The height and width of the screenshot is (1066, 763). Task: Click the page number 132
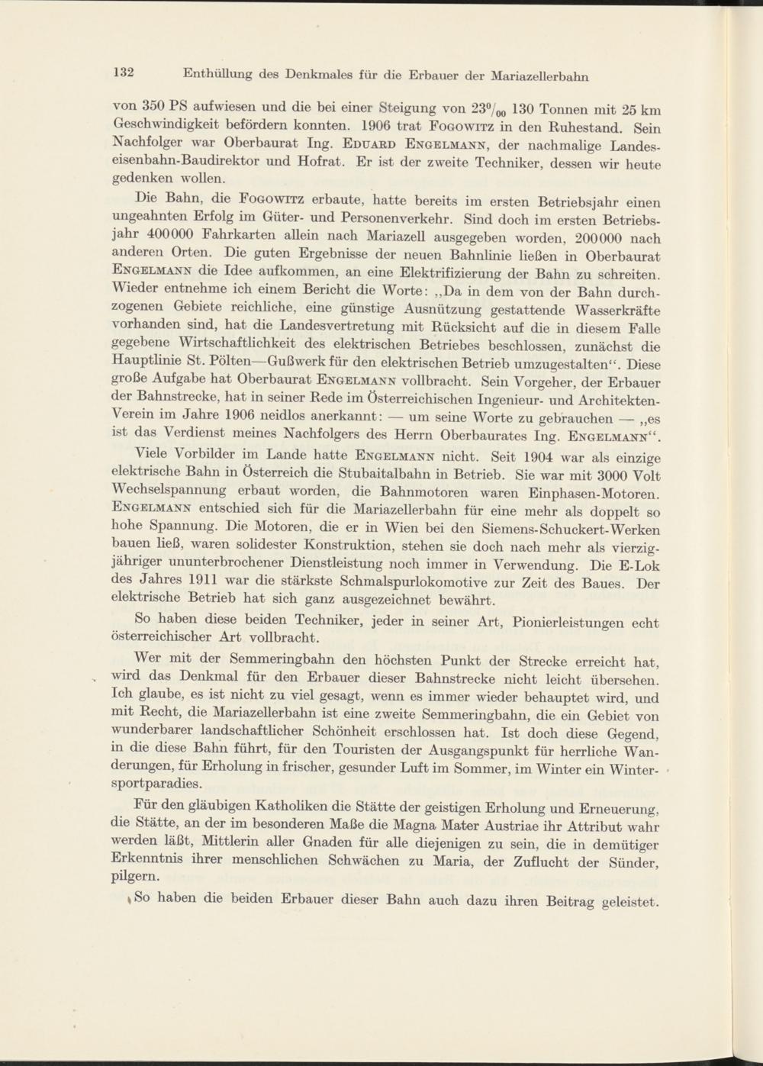coord(124,72)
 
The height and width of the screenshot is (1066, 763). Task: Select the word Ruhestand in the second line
coord(595,127)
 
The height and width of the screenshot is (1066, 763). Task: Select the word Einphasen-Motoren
coord(594,494)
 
